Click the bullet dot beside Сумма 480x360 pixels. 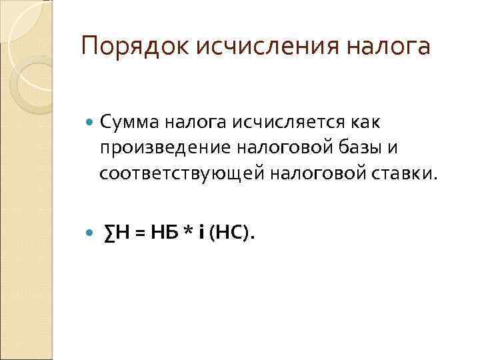point(91,122)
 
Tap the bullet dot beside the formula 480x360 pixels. point(91,232)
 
